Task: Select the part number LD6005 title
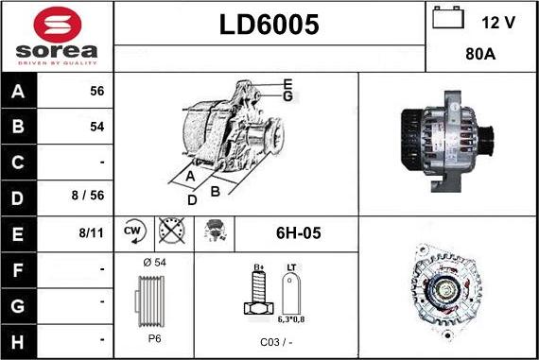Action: click(x=269, y=26)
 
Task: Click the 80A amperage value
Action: click(x=482, y=55)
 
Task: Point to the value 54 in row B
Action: click(x=96, y=126)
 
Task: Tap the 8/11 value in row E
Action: click(x=91, y=231)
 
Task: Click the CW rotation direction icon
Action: click(x=132, y=231)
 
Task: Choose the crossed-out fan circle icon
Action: click(x=171, y=231)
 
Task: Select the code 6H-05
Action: click(x=297, y=231)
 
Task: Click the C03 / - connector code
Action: click(x=273, y=342)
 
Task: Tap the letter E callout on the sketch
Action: click(x=287, y=84)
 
